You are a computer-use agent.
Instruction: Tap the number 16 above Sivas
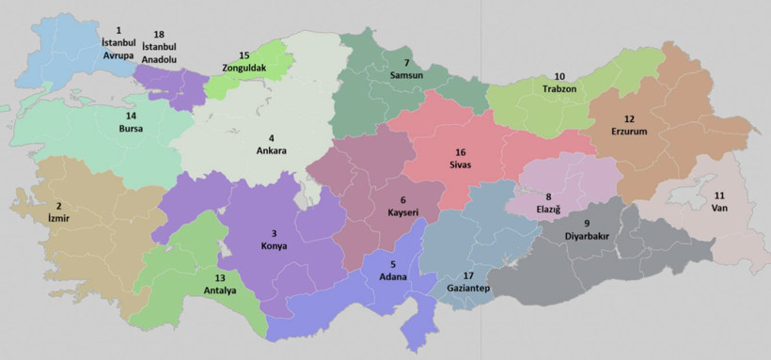tap(460, 152)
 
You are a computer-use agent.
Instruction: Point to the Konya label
tap(274, 246)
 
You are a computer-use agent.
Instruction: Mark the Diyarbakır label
tap(586, 236)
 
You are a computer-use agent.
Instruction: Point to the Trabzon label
tap(559, 88)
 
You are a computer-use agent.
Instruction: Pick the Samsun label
tap(406, 75)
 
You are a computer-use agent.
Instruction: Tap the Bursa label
tap(131, 129)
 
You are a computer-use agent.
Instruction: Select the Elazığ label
tap(548, 209)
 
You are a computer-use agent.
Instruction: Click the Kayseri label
tap(403, 213)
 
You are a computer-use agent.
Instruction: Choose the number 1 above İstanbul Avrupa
tap(118, 30)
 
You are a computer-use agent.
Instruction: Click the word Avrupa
tap(118, 55)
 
